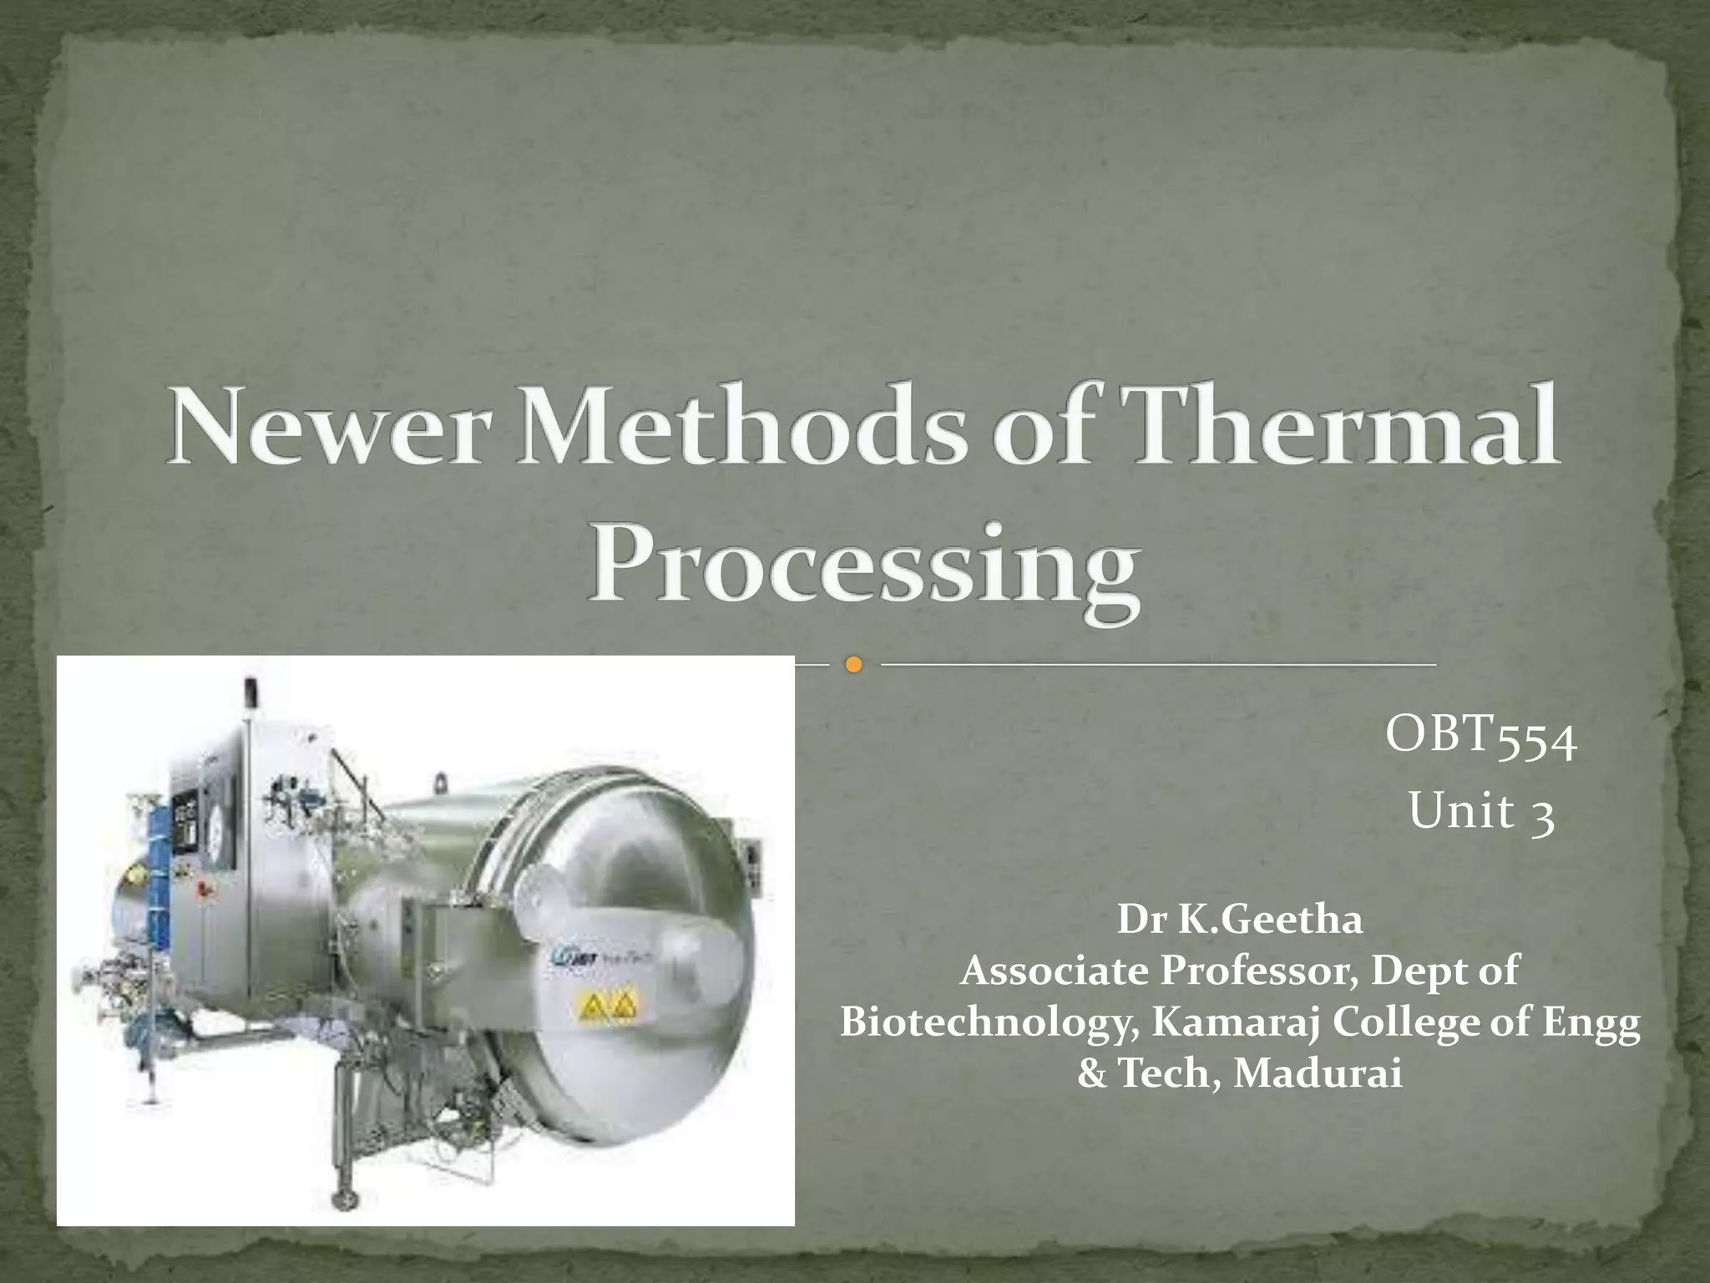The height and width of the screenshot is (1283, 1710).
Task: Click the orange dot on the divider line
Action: pos(852,665)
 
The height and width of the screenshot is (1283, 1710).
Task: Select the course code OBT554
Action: pos(1480,738)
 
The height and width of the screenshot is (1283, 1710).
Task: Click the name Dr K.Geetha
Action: pos(1239,920)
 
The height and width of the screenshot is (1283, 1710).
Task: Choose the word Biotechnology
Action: pos(989,1022)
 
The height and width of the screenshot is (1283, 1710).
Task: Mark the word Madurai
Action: pos(1318,1074)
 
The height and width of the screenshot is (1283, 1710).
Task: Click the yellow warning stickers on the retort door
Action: pos(607,1007)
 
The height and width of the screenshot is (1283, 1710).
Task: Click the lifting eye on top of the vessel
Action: pos(438,782)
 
